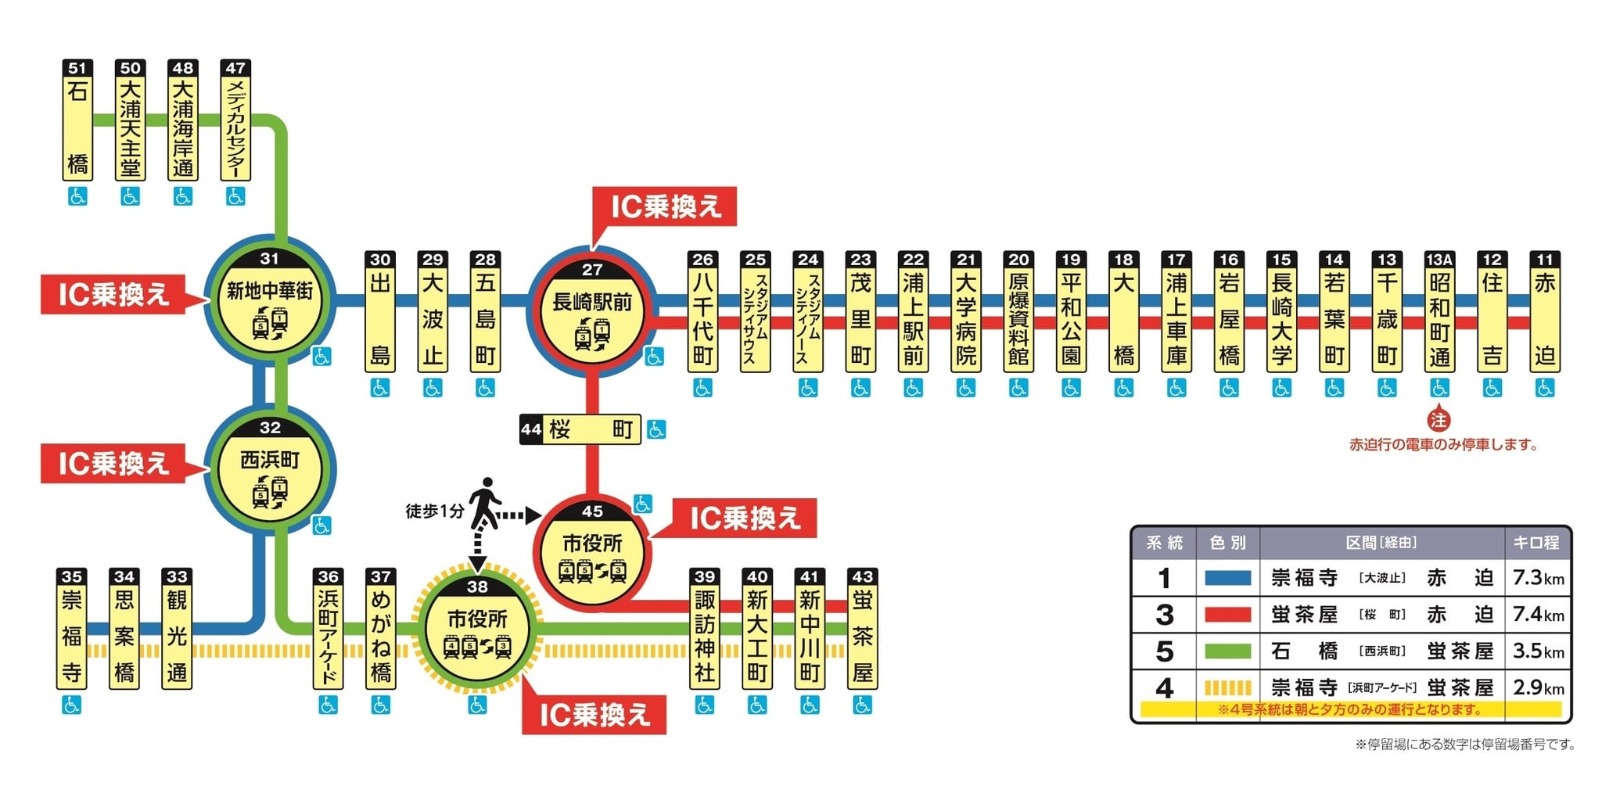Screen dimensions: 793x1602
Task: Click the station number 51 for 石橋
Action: pos(77,68)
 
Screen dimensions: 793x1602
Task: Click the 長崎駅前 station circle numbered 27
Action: pos(592,309)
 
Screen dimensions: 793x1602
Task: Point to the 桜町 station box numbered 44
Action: pos(580,429)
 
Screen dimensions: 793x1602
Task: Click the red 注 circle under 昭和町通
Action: pos(1439,420)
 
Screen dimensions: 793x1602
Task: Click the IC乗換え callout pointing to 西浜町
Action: pos(114,463)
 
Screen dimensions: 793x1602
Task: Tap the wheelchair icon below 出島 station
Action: pos(379,387)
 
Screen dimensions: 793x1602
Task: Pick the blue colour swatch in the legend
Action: pos(1227,578)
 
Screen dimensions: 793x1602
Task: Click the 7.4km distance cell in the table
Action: pos(1538,615)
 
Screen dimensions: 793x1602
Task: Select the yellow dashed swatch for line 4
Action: pos(1227,688)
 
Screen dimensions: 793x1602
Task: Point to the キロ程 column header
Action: pos(1537,542)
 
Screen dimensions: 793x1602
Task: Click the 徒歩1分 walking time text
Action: pos(435,511)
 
